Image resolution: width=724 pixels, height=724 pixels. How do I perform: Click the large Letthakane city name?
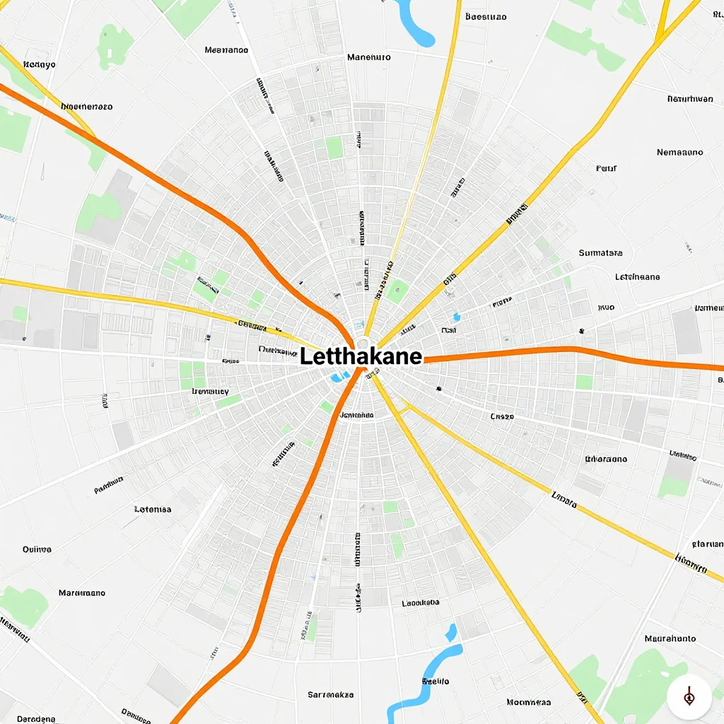[361, 356]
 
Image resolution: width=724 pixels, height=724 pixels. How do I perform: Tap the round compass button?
[689, 697]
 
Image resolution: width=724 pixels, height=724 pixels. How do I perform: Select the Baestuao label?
[486, 16]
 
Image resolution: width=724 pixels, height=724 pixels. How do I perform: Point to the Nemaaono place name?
[679, 152]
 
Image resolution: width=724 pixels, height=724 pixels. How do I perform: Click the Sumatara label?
[600, 252]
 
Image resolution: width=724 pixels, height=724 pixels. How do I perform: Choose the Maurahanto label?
[670, 638]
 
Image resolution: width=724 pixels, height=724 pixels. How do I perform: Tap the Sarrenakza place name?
[330, 694]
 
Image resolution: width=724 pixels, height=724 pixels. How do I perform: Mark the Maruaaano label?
[82, 592]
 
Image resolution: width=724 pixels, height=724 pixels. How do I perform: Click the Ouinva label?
[37, 549]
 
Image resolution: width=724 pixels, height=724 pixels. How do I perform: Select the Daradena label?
[36, 718]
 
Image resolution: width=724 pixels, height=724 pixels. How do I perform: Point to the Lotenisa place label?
[153, 509]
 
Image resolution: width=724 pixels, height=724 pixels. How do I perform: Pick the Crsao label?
[502, 416]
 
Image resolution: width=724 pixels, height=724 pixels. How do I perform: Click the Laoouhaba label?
[420, 603]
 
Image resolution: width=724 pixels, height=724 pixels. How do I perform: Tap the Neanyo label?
[40, 64]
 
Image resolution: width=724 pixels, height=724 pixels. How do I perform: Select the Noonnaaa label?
[528, 702]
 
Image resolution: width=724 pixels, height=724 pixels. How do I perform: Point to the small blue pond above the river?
[450, 631]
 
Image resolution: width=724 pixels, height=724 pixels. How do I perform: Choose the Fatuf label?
[606, 168]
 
